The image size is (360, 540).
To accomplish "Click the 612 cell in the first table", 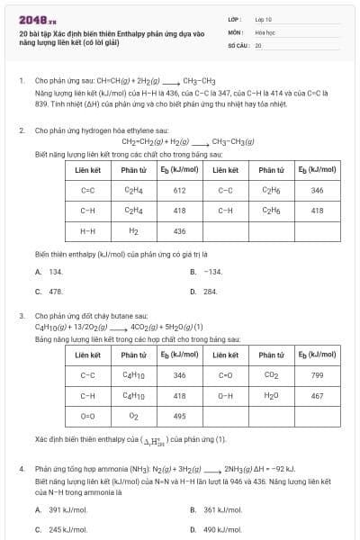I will (179, 191).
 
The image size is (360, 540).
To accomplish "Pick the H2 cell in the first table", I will (133, 230).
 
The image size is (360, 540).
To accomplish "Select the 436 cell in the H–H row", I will (179, 230).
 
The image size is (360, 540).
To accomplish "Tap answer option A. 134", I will (49, 271).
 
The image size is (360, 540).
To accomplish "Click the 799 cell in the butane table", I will (317, 375).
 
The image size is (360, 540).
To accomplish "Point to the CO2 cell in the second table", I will (271, 375).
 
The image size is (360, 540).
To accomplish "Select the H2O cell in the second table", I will (271, 395).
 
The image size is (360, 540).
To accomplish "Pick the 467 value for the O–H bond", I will (317, 395).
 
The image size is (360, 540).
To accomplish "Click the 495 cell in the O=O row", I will (179, 416).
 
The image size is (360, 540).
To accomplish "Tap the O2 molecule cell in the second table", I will (133, 416).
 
